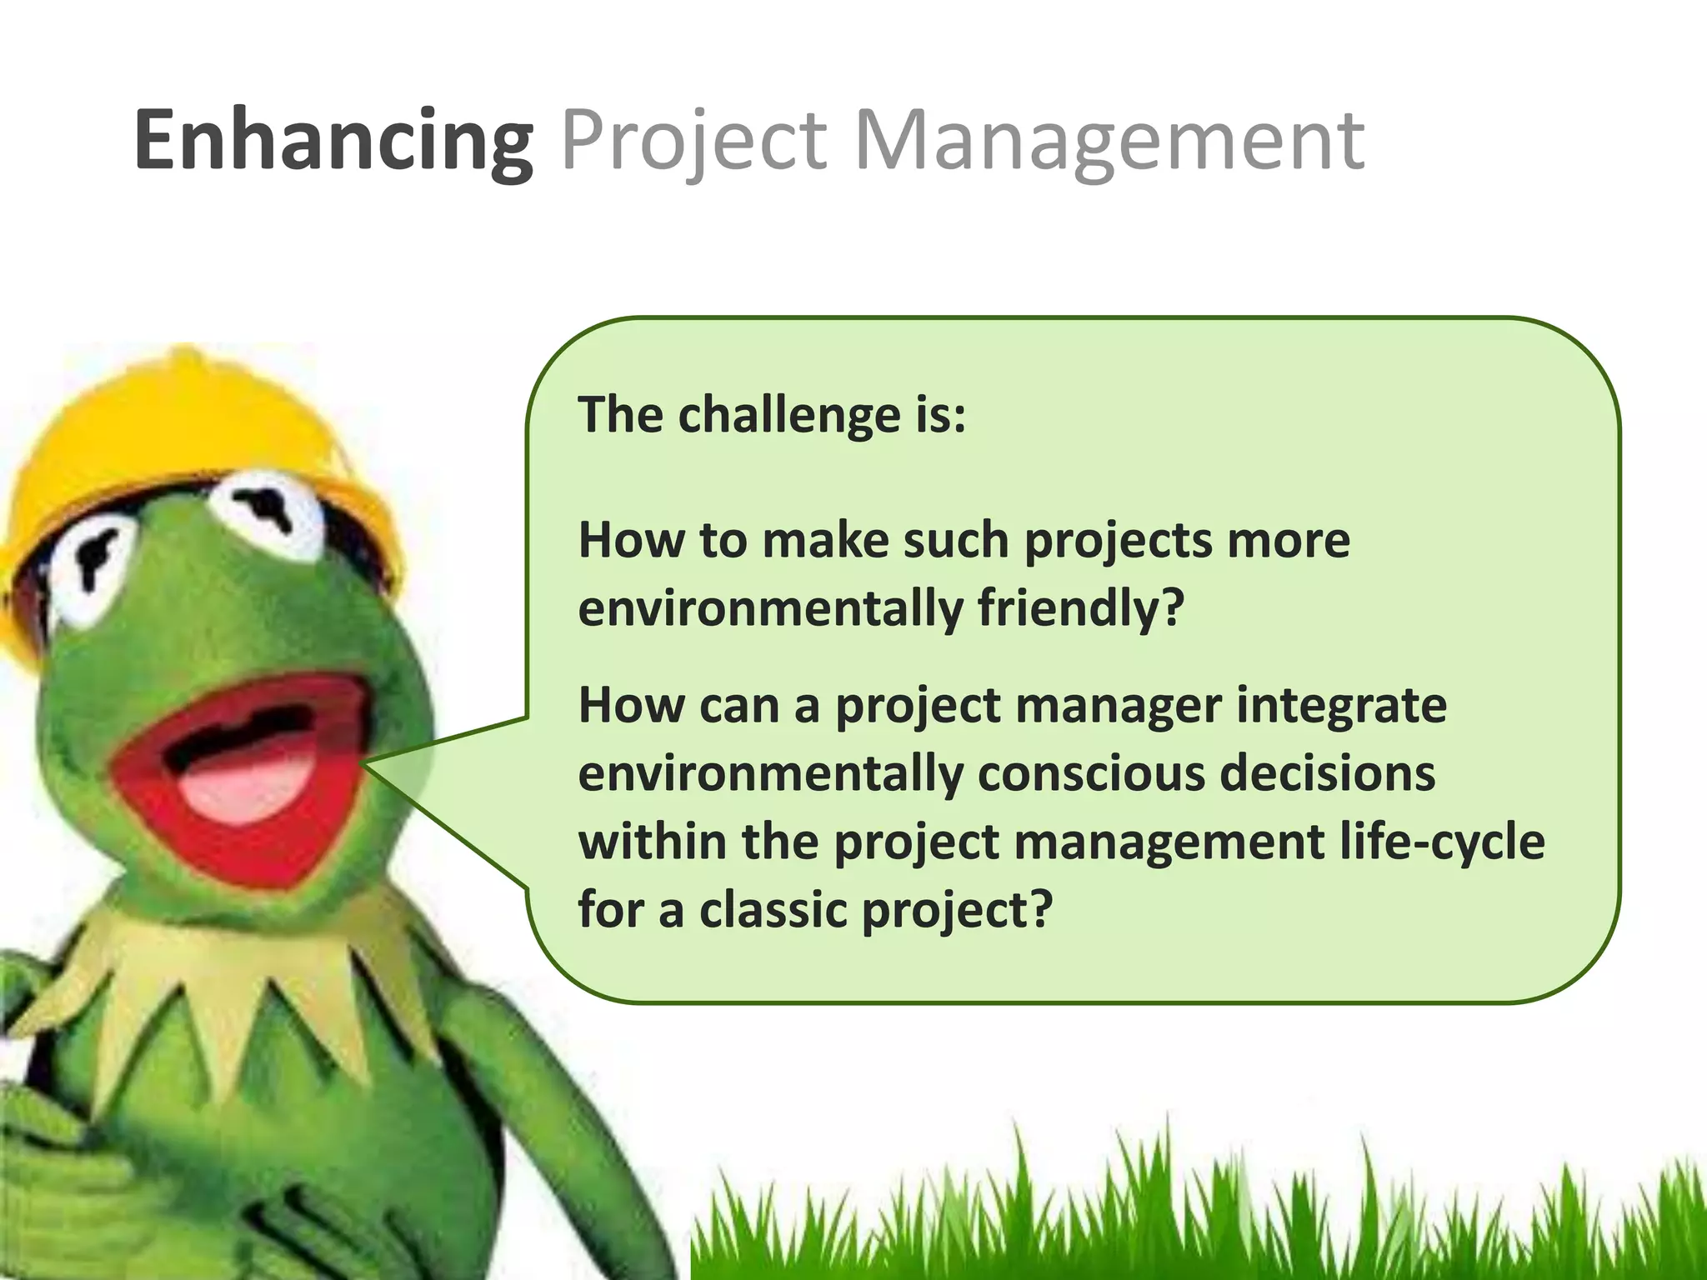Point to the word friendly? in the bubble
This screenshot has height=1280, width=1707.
pyautogui.click(x=1080, y=608)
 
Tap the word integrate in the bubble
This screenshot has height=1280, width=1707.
pyautogui.click(x=1341, y=706)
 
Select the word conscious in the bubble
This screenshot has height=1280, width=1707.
pyautogui.click(x=1091, y=773)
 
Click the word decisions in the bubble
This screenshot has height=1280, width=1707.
pyautogui.click(x=1328, y=773)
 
